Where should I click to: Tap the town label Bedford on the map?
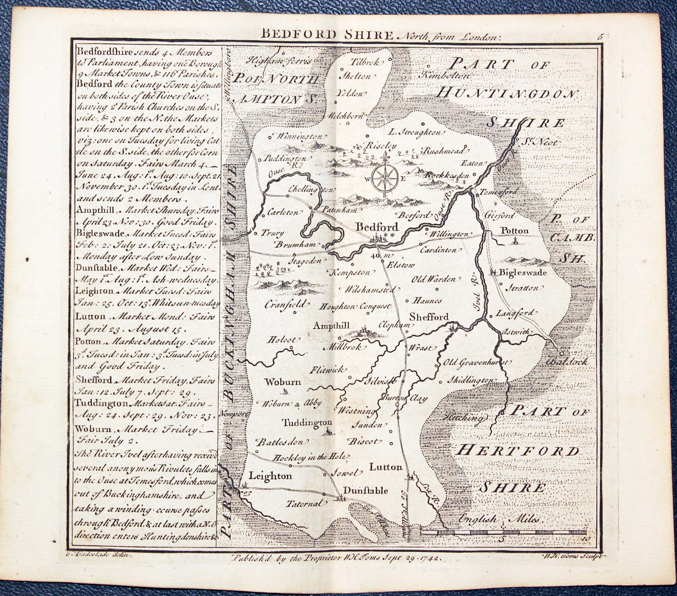[x=376, y=228]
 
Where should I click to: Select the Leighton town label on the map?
[x=270, y=476]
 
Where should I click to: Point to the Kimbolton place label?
[x=445, y=76]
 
